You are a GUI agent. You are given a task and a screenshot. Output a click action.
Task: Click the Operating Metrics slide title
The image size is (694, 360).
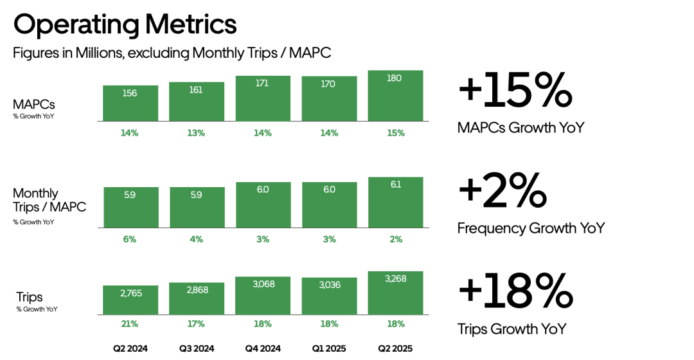point(125,24)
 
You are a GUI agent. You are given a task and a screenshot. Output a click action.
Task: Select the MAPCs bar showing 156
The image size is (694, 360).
point(130,103)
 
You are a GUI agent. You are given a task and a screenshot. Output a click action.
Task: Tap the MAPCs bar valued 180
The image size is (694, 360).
point(395,95)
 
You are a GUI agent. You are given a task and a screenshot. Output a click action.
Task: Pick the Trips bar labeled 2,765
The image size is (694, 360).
point(130,300)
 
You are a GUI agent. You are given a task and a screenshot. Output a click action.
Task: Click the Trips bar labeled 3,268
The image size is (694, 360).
point(395,292)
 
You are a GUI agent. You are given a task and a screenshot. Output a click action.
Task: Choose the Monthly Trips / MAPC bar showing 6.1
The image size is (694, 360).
point(395,202)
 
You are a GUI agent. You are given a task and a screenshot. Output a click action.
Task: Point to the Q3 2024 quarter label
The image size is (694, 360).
point(196,348)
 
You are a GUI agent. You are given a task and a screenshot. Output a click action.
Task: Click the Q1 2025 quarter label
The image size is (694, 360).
point(329,348)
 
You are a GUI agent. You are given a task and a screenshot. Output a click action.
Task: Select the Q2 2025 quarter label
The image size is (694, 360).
point(395,348)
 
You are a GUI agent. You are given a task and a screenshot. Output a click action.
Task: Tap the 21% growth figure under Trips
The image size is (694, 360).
point(130,324)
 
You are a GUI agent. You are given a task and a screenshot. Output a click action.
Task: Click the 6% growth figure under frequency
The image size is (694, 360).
point(130,239)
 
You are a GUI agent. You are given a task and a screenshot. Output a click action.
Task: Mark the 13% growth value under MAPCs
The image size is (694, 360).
point(196,133)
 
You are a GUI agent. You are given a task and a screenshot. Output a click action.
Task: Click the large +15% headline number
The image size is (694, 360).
point(515,91)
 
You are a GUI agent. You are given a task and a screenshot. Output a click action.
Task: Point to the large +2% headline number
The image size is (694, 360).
point(502,191)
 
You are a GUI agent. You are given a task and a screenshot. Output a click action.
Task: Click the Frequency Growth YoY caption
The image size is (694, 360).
point(531,228)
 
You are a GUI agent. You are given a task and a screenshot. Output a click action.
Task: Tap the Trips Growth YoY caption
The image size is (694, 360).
point(512,329)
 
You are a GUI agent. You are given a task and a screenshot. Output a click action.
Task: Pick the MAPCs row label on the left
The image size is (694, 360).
point(33,104)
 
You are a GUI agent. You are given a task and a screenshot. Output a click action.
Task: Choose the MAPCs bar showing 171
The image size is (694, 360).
point(263,98)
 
